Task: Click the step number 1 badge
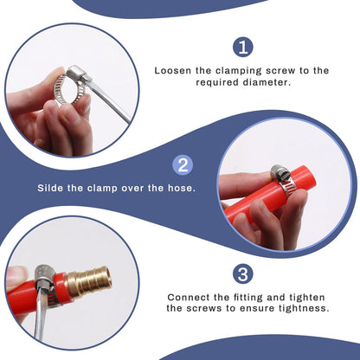pyautogui.click(x=243, y=48)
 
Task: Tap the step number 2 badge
pyautogui.click(x=183, y=165)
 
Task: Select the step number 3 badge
pyautogui.click(x=243, y=273)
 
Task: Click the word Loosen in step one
pyautogui.click(x=172, y=71)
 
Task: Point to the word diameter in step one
pyautogui.click(x=266, y=82)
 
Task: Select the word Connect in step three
pyautogui.click(x=189, y=297)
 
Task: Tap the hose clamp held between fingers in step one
pyautogui.click(x=70, y=86)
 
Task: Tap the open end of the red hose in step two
pyautogui.click(x=311, y=177)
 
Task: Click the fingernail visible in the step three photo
pyautogui.click(x=16, y=273)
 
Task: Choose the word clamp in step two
pyautogui.click(x=102, y=189)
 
